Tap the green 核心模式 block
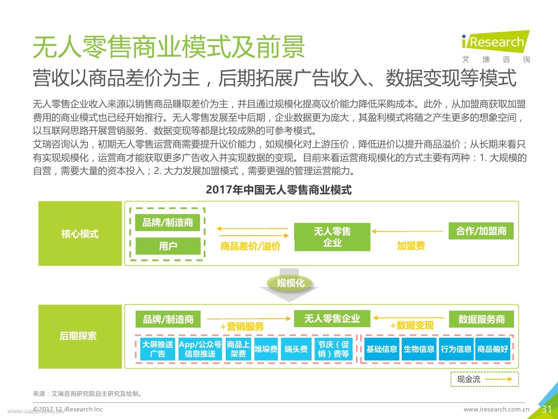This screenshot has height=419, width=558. click(x=80, y=233)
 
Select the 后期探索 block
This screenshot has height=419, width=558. click(x=80, y=336)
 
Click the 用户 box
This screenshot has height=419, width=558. click(x=168, y=246)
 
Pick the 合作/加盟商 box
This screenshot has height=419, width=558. click(x=481, y=231)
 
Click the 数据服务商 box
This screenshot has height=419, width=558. click(x=481, y=319)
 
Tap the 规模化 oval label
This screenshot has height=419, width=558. click(x=290, y=283)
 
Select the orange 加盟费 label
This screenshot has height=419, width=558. click(x=411, y=246)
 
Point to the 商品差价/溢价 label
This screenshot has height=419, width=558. click(x=250, y=246)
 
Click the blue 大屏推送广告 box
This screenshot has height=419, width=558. click(x=158, y=349)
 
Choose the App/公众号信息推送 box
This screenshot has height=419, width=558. click(x=200, y=349)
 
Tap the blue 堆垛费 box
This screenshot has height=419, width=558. click(x=266, y=349)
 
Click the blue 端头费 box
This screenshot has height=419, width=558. click(x=296, y=349)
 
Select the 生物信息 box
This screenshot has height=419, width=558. click(x=419, y=349)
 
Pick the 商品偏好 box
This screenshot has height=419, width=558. click(x=492, y=349)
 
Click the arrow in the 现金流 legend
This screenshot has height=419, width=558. click(x=498, y=379)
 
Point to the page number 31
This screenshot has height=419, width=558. click(x=547, y=409)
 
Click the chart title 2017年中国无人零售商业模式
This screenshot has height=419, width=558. click(x=279, y=190)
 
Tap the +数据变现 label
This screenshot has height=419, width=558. click(x=412, y=325)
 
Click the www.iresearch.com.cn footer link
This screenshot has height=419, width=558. click(x=496, y=409)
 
